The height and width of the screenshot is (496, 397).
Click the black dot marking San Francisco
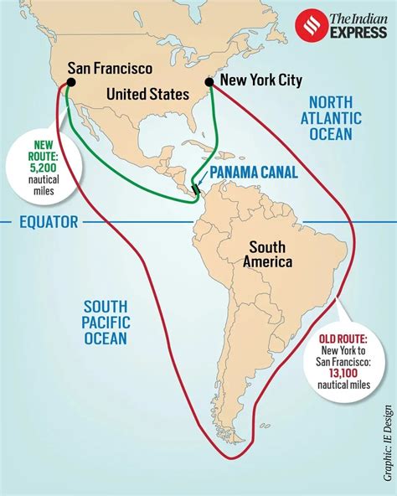[59, 82]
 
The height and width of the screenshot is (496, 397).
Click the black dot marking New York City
[209, 81]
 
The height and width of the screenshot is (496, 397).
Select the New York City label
[259, 80]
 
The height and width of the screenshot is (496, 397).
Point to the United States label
[147, 94]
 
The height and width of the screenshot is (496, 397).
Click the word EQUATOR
[49, 222]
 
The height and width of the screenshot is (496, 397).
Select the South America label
[268, 255]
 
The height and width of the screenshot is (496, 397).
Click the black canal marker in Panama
[196, 190]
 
